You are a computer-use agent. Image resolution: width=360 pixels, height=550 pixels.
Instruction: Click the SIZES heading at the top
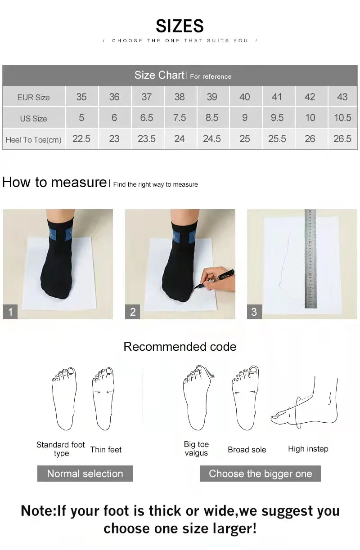[x=180, y=26]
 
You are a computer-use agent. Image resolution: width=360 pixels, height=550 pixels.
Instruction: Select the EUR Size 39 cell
[x=211, y=97]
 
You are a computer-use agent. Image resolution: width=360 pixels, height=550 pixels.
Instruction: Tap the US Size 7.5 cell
[x=179, y=118]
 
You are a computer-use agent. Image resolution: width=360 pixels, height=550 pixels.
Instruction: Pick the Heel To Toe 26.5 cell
[x=342, y=139]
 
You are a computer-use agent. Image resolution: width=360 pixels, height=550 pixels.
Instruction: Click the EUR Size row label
[x=33, y=97]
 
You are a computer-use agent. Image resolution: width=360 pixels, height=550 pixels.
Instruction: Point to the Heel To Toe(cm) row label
[x=33, y=140]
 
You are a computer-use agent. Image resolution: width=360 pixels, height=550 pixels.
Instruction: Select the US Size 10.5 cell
[x=342, y=118]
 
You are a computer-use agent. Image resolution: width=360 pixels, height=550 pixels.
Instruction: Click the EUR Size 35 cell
[x=81, y=97]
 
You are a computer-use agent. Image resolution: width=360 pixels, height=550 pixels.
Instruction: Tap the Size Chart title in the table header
[x=159, y=75]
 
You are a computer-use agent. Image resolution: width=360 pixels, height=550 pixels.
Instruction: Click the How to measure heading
[x=54, y=182]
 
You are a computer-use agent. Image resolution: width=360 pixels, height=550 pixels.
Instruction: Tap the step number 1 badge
[x=10, y=312]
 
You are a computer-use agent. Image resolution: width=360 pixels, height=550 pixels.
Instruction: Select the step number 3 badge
[x=254, y=312]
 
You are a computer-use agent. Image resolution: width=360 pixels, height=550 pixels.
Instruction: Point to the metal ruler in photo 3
[x=310, y=259]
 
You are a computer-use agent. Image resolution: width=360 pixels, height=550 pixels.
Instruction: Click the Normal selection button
[x=85, y=474]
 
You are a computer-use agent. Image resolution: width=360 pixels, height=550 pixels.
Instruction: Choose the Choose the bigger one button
[x=260, y=474]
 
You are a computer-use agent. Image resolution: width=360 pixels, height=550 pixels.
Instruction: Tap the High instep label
[x=308, y=449]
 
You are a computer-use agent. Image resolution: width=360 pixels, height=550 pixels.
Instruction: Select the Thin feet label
[x=106, y=450]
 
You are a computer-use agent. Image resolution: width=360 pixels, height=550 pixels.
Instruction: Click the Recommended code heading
[x=180, y=347]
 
